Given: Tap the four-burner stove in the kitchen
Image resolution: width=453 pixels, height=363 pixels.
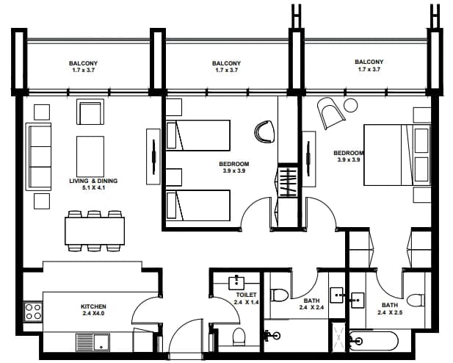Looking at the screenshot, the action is [33, 312].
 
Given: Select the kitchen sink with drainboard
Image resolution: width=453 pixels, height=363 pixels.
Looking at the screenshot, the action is [93, 342].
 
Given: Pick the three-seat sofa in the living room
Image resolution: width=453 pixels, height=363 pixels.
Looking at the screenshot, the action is [38, 157].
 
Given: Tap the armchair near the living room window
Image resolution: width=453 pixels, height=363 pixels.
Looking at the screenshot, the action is [90, 112].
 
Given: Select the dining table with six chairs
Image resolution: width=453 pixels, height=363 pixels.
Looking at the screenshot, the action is [95, 231].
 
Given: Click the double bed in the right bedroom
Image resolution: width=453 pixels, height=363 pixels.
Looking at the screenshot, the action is [397, 155].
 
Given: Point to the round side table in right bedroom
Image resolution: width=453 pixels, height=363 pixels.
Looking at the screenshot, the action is [351, 105].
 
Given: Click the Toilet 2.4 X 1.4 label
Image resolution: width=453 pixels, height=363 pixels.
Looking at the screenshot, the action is [246, 298].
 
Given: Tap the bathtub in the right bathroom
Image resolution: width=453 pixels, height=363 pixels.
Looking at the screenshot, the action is [374, 341].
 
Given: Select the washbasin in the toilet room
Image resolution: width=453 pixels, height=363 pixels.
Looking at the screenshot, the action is [236, 282].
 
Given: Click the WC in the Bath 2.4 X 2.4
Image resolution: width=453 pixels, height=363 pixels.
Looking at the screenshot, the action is [279, 295].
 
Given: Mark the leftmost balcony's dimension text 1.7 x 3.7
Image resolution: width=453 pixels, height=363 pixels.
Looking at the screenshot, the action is [83, 70].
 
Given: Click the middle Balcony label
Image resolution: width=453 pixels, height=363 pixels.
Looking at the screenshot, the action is [226, 63].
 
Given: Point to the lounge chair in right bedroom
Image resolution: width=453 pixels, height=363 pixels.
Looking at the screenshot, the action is [330, 113].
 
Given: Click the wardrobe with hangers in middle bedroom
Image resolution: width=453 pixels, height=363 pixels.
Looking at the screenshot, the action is [288, 181].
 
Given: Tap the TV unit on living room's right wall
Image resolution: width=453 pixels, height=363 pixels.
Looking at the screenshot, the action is [153, 157].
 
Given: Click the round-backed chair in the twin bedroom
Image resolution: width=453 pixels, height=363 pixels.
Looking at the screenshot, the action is [264, 132].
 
